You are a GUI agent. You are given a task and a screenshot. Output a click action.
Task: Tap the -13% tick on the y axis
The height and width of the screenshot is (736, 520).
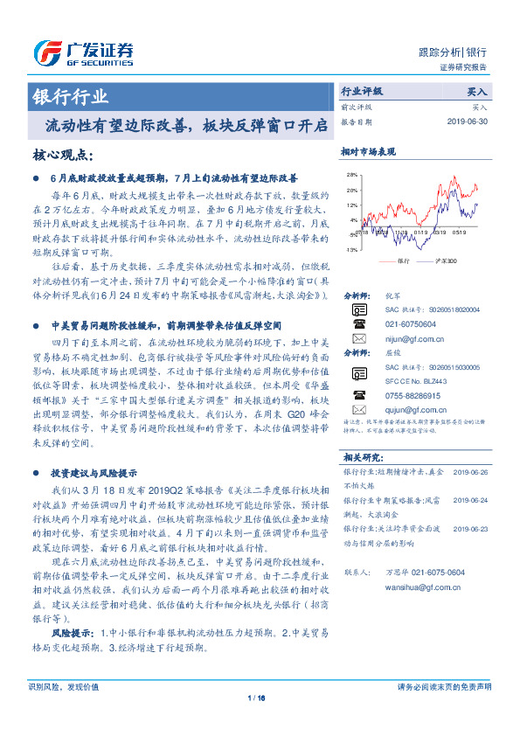(351, 249)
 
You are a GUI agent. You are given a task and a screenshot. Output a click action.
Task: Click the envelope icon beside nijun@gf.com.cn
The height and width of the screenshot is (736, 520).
(357, 337)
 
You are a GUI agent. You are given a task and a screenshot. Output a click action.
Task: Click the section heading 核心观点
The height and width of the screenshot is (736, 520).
(61, 156)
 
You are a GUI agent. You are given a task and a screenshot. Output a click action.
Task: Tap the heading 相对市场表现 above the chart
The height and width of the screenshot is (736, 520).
(368, 152)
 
